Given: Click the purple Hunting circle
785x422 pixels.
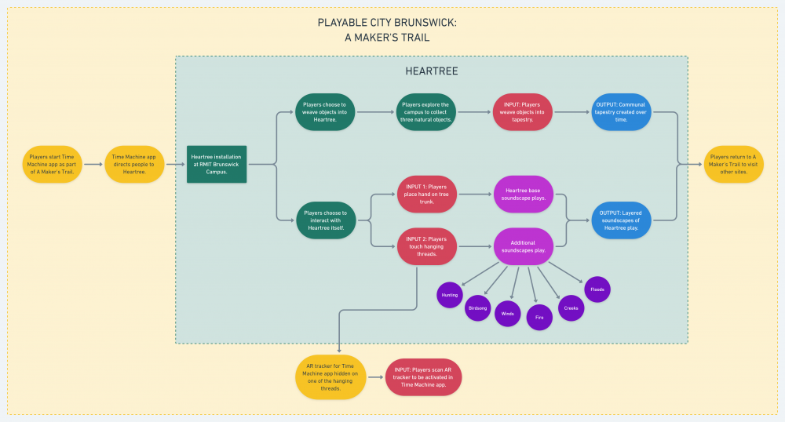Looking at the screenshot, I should point(450,295).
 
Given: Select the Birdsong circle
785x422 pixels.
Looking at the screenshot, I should point(478,308).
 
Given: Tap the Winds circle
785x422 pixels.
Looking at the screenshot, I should point(507,313).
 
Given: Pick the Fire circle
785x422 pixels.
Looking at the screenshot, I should point(539,317).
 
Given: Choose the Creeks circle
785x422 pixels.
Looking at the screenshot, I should point(571,308).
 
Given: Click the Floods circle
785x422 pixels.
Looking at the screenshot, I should point(597,289).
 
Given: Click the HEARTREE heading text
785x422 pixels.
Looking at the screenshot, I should point(431,71).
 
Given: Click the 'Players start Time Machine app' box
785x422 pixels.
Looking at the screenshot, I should point(52,164).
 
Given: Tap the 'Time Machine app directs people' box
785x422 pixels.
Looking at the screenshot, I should point(134,164).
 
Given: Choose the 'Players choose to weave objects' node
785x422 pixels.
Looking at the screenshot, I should point(325,112).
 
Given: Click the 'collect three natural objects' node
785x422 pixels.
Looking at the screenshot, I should point(425,112).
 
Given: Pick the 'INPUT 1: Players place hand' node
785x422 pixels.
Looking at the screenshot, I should point(427,194).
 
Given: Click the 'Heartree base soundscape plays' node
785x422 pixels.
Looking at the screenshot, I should point(524,194).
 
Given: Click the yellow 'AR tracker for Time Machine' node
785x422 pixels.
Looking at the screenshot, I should point(330,377).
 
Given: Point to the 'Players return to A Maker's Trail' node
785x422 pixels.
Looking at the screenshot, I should point(732,164).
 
